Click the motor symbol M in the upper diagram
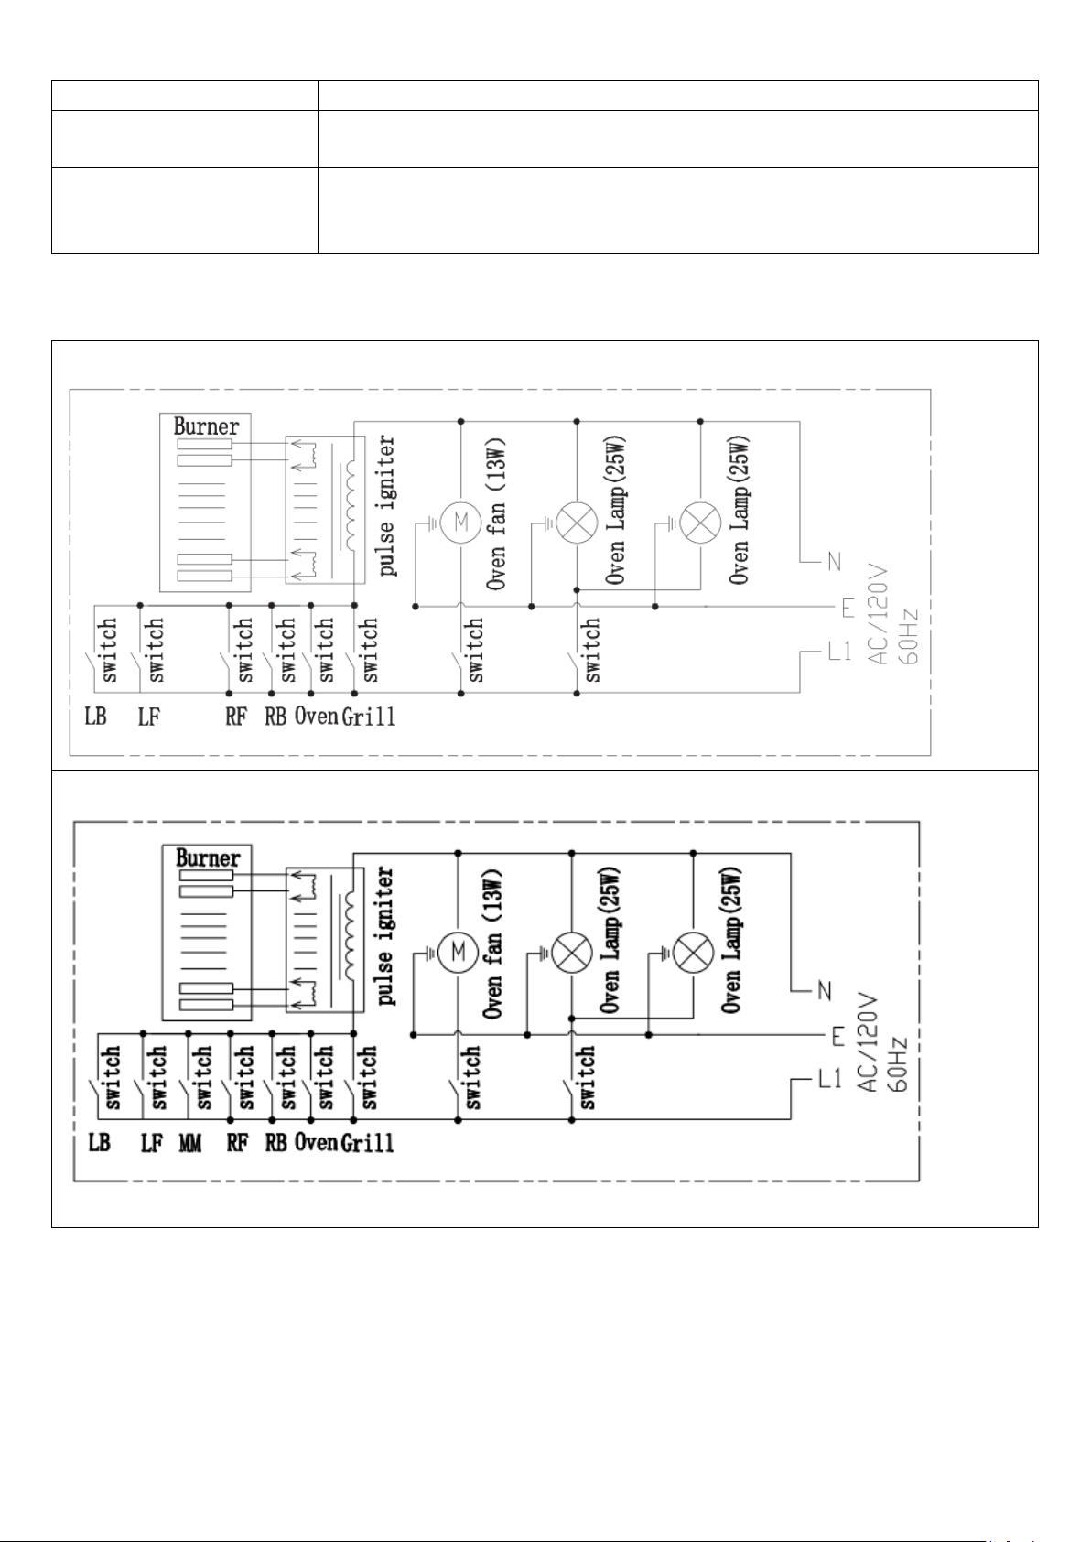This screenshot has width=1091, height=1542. click(461, 523)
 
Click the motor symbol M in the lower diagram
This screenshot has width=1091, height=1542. click(458, 952)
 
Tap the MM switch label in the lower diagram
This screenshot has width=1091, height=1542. click(190, 1143)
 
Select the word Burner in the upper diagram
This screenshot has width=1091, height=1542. click(207, 426)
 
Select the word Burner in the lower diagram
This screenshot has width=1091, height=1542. click(208, 857)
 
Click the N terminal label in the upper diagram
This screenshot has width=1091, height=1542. click(834, 563)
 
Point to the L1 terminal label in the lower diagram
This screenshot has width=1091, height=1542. click(829, 1080)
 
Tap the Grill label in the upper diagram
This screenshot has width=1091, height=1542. click(369, 717)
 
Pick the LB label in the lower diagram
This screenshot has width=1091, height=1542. click(99, 1143)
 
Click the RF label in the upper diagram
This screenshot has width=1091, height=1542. click(236, 717)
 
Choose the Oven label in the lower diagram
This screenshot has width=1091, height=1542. click(316, 1143)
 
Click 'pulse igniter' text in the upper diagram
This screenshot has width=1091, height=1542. click(387, 505)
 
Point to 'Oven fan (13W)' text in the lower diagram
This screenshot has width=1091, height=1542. click(492, 944)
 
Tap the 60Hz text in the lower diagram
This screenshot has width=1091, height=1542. click(898, 1064)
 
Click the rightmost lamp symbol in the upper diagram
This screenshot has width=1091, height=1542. click(700, 523)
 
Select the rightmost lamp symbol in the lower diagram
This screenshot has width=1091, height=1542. click(693, 953)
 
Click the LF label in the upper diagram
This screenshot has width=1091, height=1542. click(149, 717)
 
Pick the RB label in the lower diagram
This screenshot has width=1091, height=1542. click(275, 1143)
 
